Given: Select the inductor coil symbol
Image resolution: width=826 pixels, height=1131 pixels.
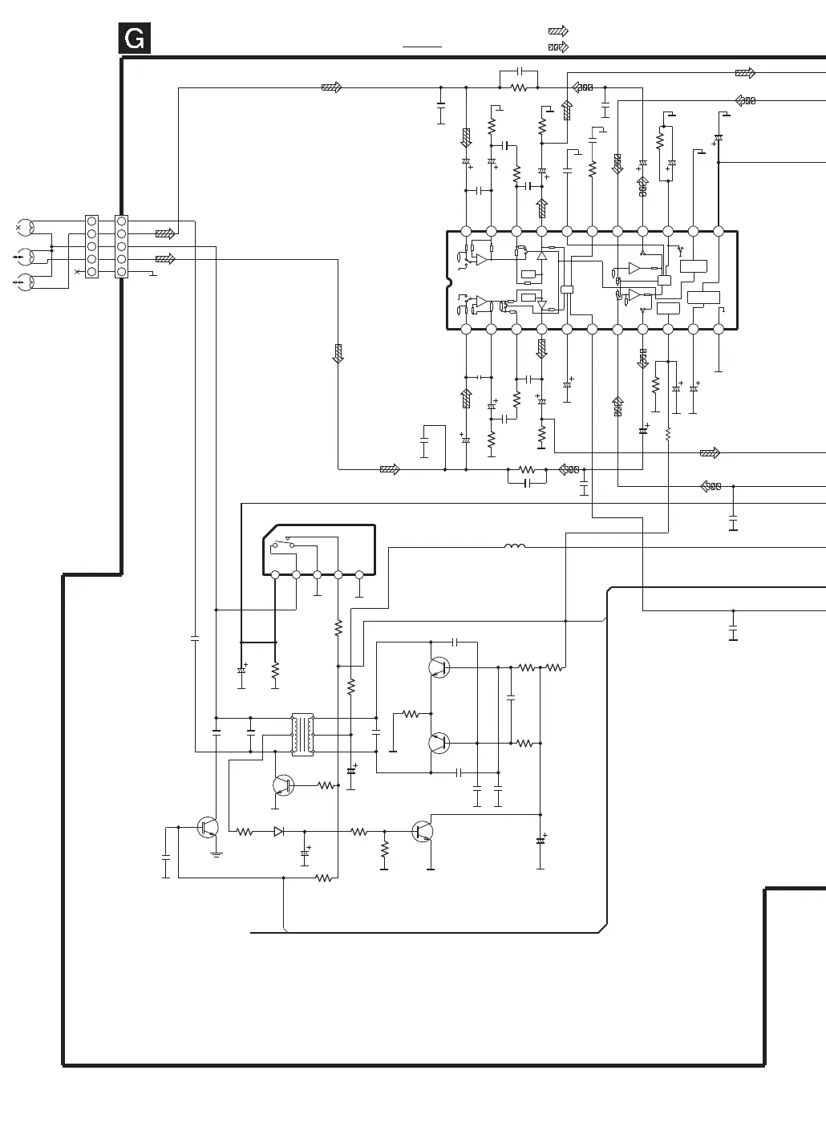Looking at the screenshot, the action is click(515, 547).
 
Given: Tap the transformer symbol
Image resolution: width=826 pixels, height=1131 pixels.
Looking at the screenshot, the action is click(302, 734).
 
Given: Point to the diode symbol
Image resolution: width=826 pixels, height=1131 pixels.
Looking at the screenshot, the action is click(279, 832).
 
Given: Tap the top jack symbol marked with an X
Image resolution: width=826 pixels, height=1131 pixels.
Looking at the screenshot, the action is click(25, 227).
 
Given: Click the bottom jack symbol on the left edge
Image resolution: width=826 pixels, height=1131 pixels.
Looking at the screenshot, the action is click(25, 281).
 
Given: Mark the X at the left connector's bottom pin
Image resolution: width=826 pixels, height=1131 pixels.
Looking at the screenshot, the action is click(78, 272).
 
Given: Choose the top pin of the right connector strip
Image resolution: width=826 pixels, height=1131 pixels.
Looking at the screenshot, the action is click(121, 221).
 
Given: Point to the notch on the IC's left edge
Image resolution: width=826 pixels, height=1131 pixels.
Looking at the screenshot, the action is click(449, 280).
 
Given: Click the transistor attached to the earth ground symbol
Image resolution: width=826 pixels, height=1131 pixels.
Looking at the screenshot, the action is click(209, 827).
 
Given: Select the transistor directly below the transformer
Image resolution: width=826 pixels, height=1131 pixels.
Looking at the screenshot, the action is click(283, 785).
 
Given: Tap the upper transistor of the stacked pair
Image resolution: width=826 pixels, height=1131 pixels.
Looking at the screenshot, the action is click(439, 667).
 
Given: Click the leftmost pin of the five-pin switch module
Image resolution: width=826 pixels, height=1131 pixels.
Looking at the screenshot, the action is click(275, 574).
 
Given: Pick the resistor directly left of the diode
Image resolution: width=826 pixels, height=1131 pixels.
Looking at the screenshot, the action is click(245, 832).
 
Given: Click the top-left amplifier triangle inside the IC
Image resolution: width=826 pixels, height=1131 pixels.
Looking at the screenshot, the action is click(481, 259).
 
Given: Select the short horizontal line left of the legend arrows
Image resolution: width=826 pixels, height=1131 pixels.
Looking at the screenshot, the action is click(422, 47).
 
